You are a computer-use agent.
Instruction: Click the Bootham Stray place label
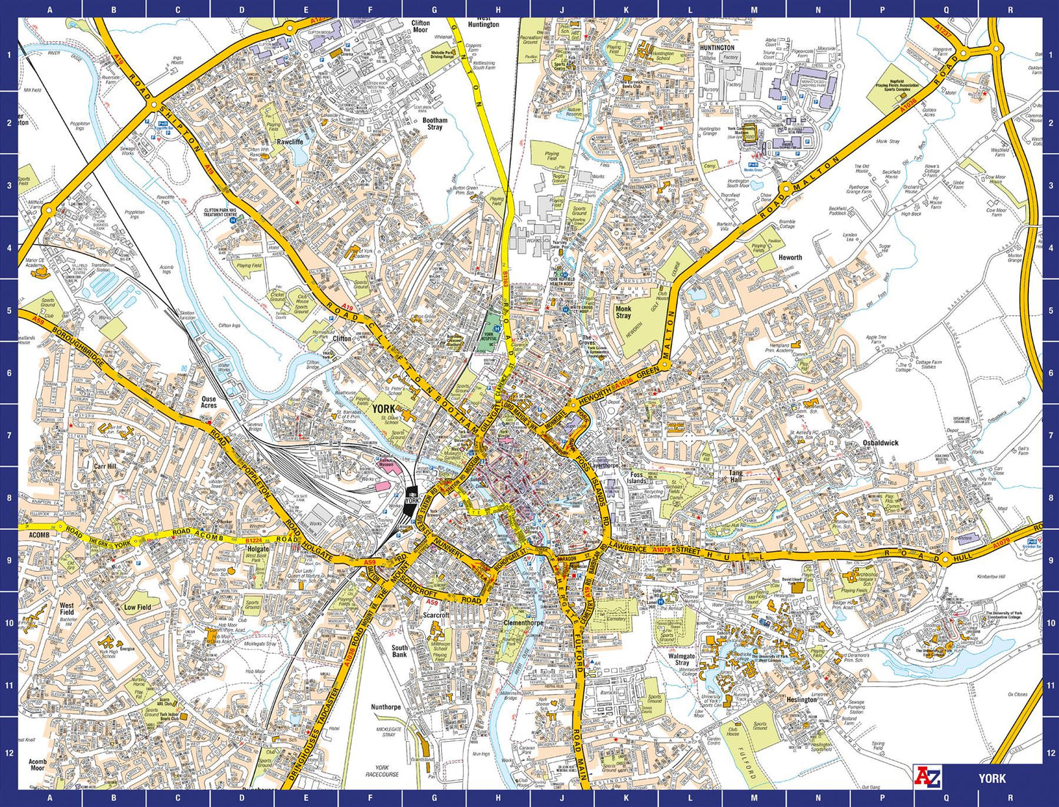pos(435,124)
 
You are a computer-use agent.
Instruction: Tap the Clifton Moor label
pos(420,26)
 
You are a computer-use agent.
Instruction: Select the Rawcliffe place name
pos(290,141)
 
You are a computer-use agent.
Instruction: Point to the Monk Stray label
pos(623,312)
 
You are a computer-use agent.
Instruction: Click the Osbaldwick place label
pos(880,443)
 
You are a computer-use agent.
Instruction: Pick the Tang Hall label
pos(735,476)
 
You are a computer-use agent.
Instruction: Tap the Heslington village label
pos(801,699)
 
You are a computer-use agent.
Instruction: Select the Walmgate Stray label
pos(682,660)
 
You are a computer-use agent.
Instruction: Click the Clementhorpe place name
pos(523,623)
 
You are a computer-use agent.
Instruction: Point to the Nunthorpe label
pos(385,707)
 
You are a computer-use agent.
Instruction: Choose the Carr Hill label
pos(105,466)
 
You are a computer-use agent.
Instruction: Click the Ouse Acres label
pos(209,402)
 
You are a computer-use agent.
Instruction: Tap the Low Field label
pos(137,607)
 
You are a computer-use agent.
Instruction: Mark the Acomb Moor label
pos(37,764)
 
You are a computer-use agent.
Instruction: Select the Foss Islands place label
pos(637,478)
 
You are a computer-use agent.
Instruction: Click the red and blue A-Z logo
pos(927,777)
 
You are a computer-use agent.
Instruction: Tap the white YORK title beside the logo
pos(992,778)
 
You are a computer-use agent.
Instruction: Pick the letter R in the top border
pos(1010,10)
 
